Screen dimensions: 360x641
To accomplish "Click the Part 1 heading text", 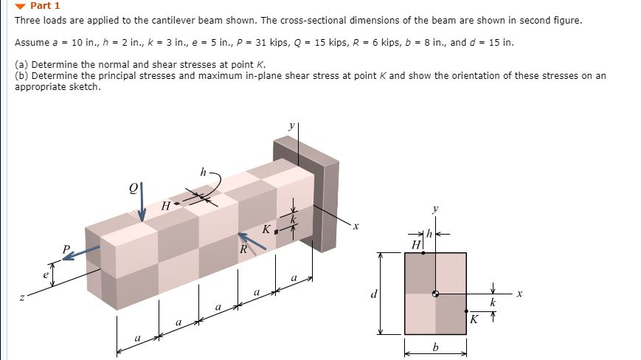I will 45,6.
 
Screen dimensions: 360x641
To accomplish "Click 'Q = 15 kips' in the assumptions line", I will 335,42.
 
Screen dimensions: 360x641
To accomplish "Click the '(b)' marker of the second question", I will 22,75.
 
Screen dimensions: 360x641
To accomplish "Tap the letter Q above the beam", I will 133,187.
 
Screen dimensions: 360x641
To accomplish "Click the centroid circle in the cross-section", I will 435,294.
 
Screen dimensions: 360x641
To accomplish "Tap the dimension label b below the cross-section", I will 435,346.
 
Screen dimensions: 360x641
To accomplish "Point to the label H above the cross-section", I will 417,244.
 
